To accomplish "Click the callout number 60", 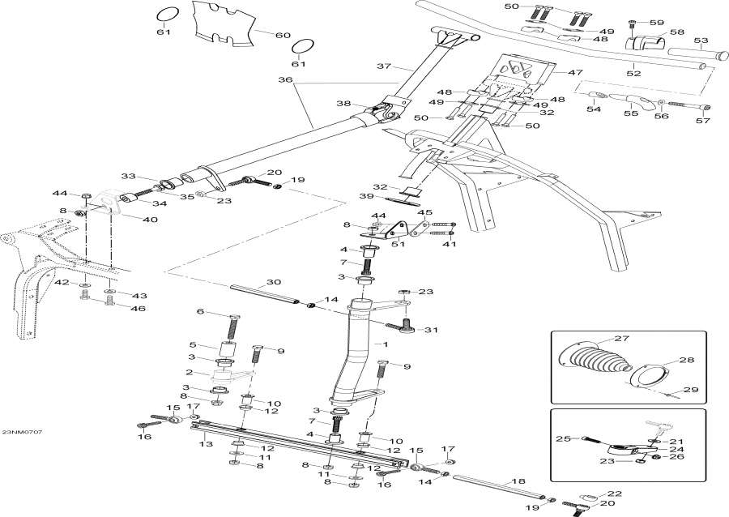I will click(282, 35).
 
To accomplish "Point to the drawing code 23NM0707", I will click(22, 432).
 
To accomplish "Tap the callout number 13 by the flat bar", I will click(206, 445).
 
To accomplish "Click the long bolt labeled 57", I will click(685, 105).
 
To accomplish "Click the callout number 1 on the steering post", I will click(386, 344).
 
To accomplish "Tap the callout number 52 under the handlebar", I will click(633, 74).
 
